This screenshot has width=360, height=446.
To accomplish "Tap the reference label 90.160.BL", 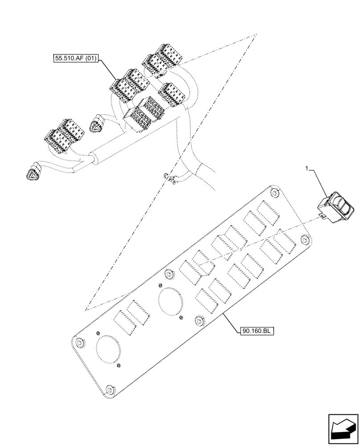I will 258,331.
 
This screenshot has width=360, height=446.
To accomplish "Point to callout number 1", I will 307,169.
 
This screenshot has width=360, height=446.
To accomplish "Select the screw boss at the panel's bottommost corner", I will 110,391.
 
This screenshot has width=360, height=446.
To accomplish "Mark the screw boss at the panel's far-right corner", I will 304,240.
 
